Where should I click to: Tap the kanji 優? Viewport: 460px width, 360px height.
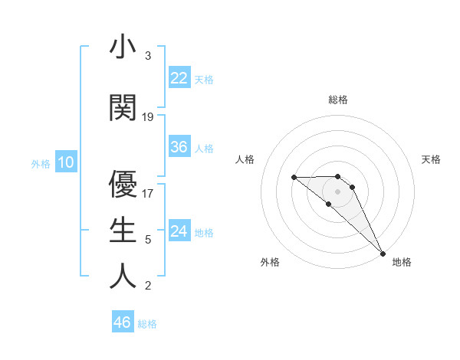(123, 184)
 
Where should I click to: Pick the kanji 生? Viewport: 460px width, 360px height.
(123, 230)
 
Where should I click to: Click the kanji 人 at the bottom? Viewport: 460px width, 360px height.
(123, 276)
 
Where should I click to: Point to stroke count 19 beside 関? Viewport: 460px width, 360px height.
(148, 117)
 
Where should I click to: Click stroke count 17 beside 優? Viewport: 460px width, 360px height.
(148, 194)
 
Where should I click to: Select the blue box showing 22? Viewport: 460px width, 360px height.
(179, 78)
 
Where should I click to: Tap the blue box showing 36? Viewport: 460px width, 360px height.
(179, 147)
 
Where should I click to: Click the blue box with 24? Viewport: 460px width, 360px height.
(179, 231)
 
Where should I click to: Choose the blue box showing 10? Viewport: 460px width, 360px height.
(66, 162)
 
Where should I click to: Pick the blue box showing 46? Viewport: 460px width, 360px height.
(123, 322)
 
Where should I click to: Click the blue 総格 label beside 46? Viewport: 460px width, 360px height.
(147, 324)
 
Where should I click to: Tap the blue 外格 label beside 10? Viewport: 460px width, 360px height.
(41, 164)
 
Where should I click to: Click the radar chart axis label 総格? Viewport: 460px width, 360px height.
(338, 100)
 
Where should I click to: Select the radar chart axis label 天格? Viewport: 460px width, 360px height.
(432, 159)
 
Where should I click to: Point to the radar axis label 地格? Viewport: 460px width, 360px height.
(402, 262)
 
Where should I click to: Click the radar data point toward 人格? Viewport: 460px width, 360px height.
(294, 178)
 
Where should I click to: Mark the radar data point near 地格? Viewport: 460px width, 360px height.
(382, 253)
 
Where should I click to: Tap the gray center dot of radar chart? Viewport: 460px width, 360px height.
(338, 191)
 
